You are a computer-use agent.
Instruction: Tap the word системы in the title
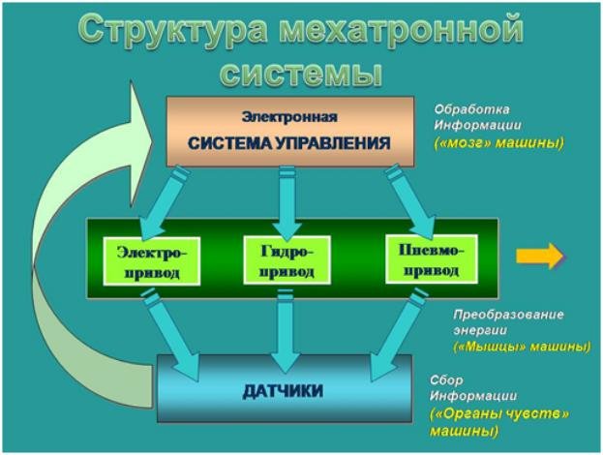pos(302,73)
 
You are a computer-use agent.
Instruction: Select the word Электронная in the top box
pos(289,117)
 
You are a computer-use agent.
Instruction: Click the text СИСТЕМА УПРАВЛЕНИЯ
pos(289,143)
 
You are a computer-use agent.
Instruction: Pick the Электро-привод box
pos(152,261)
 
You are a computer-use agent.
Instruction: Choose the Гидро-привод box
pos(287,260)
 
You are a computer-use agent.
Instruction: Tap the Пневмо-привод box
pos(432,259)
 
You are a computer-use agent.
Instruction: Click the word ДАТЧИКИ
pos(283,391)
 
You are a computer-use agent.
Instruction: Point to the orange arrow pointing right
pos(540,256)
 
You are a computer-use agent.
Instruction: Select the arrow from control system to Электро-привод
pos(163,203)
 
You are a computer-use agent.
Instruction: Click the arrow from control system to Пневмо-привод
pos(410,201)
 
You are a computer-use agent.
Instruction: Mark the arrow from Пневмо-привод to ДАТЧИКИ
pos(399,335)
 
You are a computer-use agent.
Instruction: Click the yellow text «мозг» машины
pos(498,142)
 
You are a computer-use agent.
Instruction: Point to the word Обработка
pos(472,109)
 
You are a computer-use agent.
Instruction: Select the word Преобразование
pos(508,315)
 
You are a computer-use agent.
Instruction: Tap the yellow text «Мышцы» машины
pos(522,347)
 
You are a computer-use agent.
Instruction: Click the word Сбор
pos(446,380)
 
